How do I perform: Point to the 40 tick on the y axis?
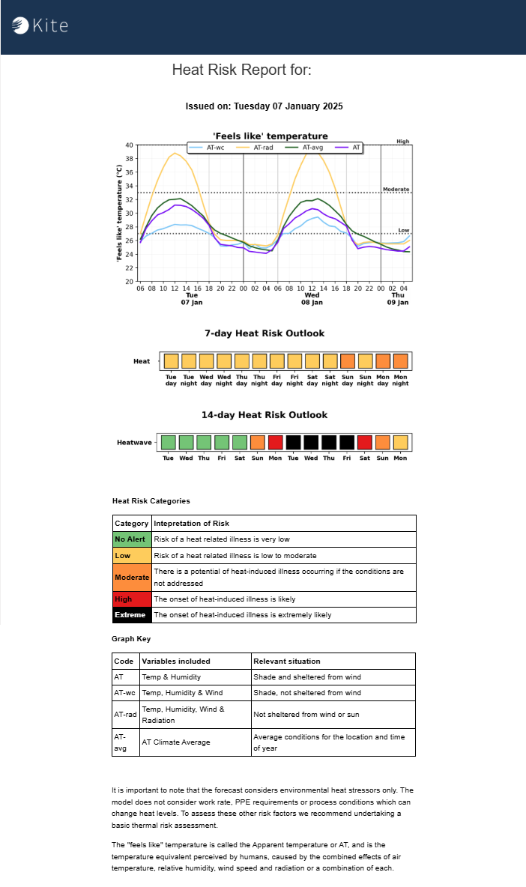click(x=129, y=145)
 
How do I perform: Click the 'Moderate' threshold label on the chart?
click(x=396, y=190)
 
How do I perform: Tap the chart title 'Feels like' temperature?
click(x=270, y=136)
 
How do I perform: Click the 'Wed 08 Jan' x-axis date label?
click(x=312, y=299)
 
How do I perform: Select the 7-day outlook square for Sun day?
click(x=348, y=361)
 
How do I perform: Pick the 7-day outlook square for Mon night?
click(x=401, y=361)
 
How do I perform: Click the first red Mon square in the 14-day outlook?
click(x=276, y=442)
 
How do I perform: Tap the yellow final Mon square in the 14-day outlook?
click(x=401, y=442)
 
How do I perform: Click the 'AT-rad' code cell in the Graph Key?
click(x=125, y=715)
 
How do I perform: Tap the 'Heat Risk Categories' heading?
click(x=151, y=500)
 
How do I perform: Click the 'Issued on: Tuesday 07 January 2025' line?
click(x=264, y=106)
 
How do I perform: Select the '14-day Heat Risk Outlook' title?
click(x=264, y=415)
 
